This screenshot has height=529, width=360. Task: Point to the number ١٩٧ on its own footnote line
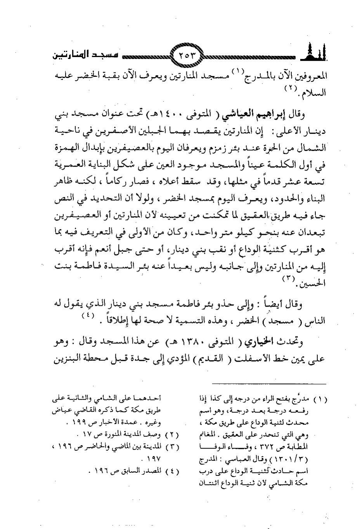[x=153, y=459]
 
